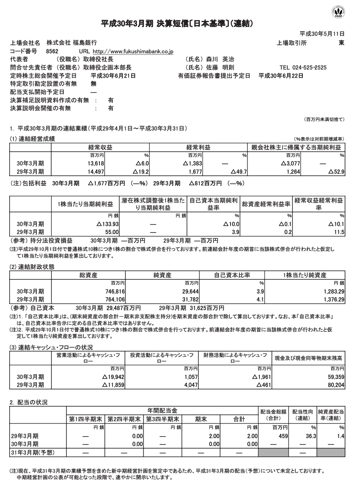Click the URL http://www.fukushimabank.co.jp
133,51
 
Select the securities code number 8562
52,51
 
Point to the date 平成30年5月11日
322,34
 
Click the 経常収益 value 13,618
96,163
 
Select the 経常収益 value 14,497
96,171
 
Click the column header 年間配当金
162,411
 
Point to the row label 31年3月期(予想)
33,452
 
